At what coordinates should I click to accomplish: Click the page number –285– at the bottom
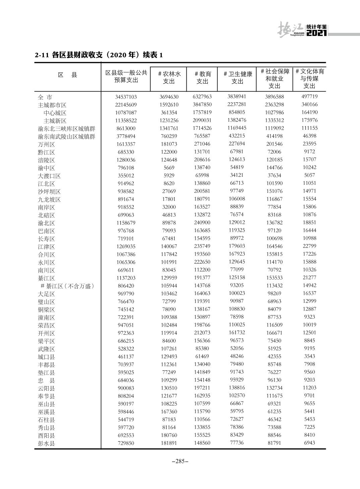(x=180, y=461)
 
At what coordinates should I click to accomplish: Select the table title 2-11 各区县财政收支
(x=99, y=55)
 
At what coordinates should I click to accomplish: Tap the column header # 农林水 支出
(x=169, y=77)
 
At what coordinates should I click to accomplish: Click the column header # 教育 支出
(x=202, y=77)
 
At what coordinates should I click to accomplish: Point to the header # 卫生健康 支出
(x=237, y=77)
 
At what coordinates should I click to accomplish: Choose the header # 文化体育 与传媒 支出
(x=309, y=78)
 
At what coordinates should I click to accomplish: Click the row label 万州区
(x=46, y=145)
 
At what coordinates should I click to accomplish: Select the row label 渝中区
(x=46, y=168)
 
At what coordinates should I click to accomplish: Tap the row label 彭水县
(x=46, y=443)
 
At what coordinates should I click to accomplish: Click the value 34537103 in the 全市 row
(x=126, y=97)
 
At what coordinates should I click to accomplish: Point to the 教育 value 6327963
(x=202, y=97)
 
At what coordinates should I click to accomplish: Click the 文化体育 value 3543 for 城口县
(x=309, y=356)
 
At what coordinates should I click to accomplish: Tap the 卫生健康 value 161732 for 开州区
(x=237, y=332)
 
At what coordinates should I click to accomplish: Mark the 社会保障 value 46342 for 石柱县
(x=274, y=419)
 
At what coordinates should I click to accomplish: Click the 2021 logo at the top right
(x=316, y=33)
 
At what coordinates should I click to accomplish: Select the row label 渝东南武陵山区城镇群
(x=66, y=137)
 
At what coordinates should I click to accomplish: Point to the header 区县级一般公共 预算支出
(x=126, y=76)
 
